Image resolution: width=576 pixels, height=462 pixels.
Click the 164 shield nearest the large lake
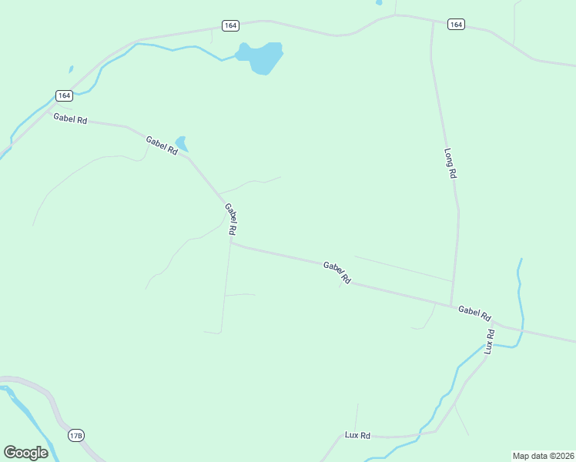[230, 25]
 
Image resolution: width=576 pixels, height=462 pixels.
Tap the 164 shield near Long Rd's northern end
[456, 25]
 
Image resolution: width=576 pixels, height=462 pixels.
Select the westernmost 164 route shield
[64, 95]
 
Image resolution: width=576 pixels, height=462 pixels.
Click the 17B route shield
[75, 436]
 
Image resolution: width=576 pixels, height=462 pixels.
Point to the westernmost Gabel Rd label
[70, 119]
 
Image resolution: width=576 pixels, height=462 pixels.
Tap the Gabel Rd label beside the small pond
[162, 146]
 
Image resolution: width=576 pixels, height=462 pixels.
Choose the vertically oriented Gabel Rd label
[231, 219]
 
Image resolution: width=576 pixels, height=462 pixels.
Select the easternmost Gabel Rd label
[474, 313]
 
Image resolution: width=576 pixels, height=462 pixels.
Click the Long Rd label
[450, 164]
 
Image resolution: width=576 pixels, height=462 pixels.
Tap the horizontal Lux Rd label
[357, 435]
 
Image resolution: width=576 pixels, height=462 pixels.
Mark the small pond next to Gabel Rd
[182, 143]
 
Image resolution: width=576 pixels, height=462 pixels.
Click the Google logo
[25, 453]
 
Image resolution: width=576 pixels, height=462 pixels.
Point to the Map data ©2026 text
[543, 456]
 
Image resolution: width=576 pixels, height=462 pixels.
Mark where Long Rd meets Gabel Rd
[451, 306]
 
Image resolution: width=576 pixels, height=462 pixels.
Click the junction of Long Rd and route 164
[432, 22]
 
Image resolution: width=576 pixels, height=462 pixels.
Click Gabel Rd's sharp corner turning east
[231, 243]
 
